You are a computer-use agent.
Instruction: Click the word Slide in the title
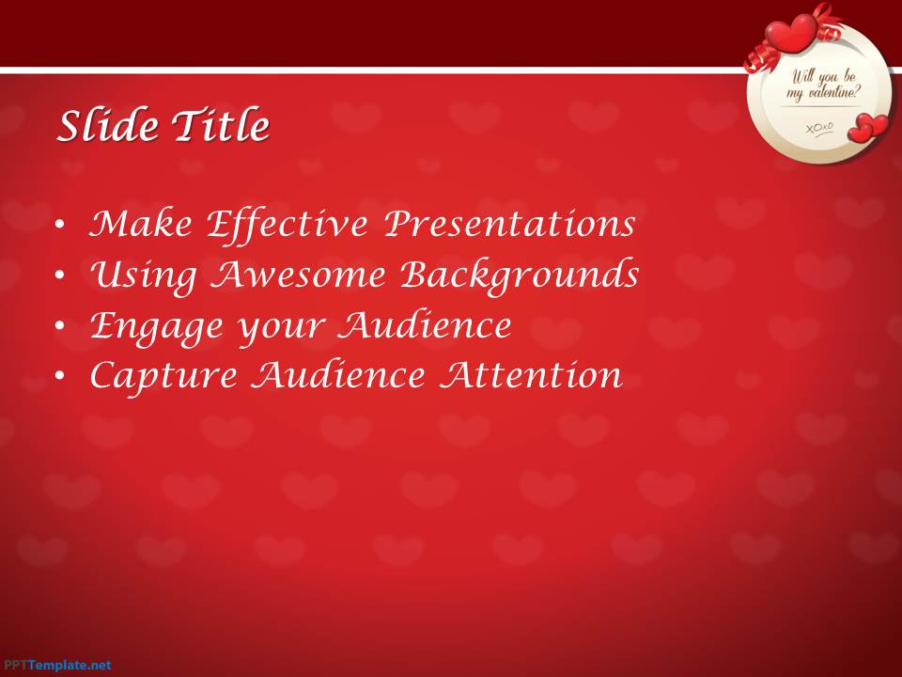tap(108, 124)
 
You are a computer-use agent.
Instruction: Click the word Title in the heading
tap(221, 124)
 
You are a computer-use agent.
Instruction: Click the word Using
tap(143, 276)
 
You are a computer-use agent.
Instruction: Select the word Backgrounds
tap(520, 276)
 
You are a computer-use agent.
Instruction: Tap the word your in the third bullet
tap(282, 329)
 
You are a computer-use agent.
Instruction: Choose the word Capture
tap(163, 377)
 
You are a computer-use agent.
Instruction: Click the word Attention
tap(531, 375)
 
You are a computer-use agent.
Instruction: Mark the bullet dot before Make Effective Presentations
tap(60, 225)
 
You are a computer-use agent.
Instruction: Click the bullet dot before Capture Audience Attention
tap(60, 376)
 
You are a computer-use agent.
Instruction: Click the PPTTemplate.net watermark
tap(55, 666)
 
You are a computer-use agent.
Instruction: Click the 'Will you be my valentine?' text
tap(824, 85)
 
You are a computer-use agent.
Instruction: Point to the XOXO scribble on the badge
tap(819, 128)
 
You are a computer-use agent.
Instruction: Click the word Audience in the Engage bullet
tap(425, 325)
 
